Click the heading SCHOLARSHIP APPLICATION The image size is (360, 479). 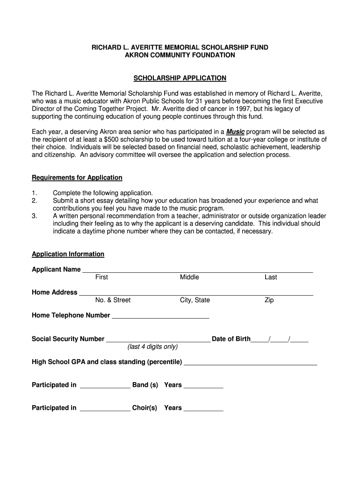[180, 78]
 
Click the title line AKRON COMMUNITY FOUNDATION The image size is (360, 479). [180, 55]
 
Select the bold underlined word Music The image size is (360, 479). [235, 132]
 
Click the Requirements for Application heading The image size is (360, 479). [77, 177]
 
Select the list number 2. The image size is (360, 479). [34, 200]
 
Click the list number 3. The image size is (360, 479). [34, 216]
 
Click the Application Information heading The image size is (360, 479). [68, 254]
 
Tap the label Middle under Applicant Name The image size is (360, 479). [189, 277]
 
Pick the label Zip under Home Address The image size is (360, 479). [269, 300]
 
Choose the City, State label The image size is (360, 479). [195, 300]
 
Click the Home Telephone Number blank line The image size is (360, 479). [160, 316]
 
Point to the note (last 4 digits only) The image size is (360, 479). [152, 347]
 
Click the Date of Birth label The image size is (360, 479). [231, 339]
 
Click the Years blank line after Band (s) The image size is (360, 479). [203, 386]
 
